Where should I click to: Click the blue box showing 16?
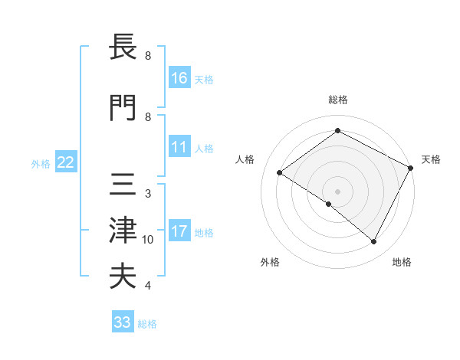click(179, 79)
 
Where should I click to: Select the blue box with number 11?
click(179, 147)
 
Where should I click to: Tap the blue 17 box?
click(179, 231)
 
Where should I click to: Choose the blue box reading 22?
click(66, 162)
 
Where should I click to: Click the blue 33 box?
click(123, 322)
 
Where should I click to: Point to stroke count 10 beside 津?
click(148, 240)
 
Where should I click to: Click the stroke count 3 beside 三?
click(148, 193)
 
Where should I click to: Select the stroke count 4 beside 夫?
click(148, 286)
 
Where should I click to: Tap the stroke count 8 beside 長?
click(148, 56)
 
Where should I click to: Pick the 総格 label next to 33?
click(147, 324)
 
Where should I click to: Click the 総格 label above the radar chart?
click(337, 100)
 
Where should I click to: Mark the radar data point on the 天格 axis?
click(411, 168)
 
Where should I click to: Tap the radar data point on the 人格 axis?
click(280, 173)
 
